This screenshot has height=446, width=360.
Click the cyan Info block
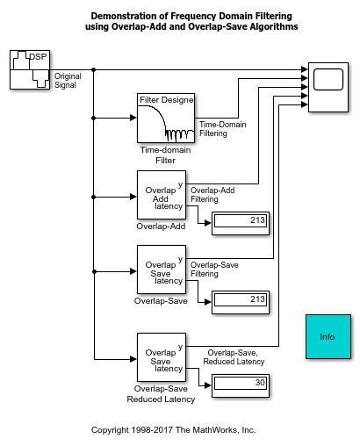328,337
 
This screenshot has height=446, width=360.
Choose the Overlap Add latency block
162,198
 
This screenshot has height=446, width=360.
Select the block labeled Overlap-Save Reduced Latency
162,359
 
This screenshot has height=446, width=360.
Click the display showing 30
239,383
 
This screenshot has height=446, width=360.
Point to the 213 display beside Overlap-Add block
239,220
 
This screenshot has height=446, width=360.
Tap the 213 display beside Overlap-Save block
239,299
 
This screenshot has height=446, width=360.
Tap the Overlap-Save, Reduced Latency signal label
234,357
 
